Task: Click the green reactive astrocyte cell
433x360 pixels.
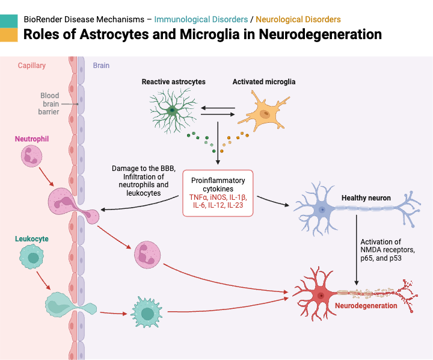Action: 172,110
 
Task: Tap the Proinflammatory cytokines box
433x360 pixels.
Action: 218,193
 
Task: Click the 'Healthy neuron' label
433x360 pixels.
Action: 366,197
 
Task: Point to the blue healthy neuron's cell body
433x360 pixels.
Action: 322,209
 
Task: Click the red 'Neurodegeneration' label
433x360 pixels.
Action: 366,306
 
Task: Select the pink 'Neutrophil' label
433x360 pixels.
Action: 31,139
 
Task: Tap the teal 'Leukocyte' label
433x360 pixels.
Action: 31,239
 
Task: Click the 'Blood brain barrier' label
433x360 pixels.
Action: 50,104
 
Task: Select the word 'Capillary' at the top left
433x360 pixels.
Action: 31,65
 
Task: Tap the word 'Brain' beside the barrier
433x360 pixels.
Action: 101,65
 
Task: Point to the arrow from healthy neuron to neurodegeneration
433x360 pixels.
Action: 358,253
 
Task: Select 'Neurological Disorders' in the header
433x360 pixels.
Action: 298,19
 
